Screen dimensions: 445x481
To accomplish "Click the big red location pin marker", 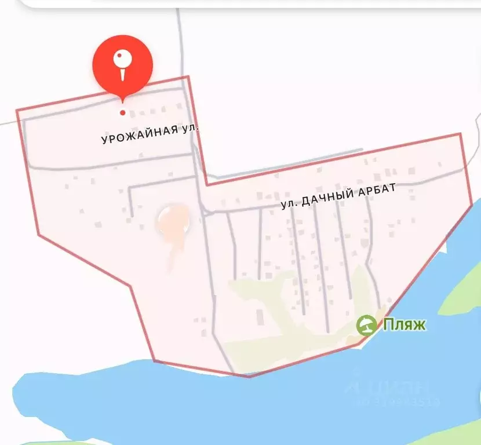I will (122, 65).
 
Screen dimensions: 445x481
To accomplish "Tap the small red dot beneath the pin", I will (122, 112).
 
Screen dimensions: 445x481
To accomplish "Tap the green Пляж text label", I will (403, 324).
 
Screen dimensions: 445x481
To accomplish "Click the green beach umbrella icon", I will (366, 325).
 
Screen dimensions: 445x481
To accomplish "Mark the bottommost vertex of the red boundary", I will (249, 377).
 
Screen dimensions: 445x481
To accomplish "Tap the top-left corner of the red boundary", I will (17, 110).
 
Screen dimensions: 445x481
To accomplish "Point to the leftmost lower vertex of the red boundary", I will (38, 235).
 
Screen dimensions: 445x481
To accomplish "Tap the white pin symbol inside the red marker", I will (122, 63).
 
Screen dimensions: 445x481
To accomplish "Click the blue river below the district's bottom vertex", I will (249, 406).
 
